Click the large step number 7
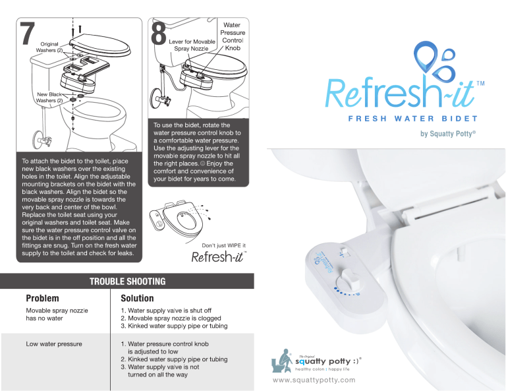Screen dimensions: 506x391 pos(28,33)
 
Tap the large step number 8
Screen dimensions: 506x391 pos(159,33)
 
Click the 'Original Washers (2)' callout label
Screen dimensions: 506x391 pos(49,47)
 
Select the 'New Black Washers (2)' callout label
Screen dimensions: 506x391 pos(49,98)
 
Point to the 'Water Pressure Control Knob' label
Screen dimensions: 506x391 pos(233,36)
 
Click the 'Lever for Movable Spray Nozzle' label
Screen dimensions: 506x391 pos(192,45)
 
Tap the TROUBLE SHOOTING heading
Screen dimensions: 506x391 pos(127,282)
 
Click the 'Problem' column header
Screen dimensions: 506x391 pos(42,298)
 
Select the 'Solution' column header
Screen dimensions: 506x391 pos(137,298)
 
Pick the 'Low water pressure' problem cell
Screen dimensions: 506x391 pos(54,344)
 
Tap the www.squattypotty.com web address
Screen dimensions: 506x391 pos(314,380)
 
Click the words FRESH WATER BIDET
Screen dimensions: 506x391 pos(412,119)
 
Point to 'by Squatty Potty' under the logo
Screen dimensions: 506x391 pos(448,134)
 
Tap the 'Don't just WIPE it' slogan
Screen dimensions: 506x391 pos(223,246)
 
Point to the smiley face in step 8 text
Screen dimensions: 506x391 pos(203,164)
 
